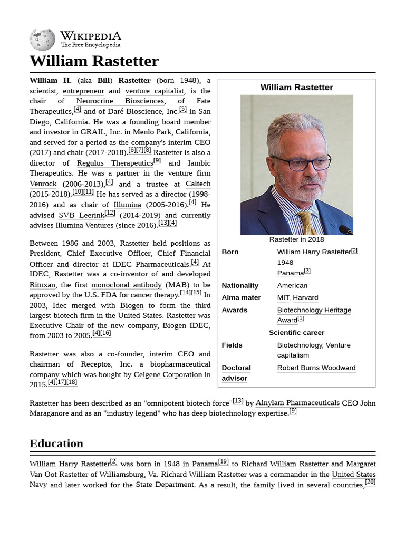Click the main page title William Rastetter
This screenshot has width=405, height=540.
pyautogui.click(x=94, y=61)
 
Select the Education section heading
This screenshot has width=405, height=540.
pyautogui.click(x=56, y=443)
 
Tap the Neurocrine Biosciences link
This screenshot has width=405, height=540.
pyautogui.click(x=120, y=101)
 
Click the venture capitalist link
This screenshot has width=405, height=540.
pyautogui.click(x=155, y=91)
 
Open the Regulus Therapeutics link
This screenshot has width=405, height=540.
pyautogui.click(x=114, y=163)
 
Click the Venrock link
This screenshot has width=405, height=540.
pyautogui.click(x=43, y=184)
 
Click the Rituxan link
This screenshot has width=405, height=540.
pyautogui.click(x=42, y=285)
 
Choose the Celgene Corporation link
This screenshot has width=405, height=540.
pyautogui.click(x=168, y=375)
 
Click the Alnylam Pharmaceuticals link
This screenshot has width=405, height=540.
pyautogui.click(x=297, y=403)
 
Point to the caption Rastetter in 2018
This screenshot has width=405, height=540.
pyautogui.click(x=296, y=239)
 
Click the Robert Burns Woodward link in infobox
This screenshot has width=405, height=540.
pyautogui.click(x=316, y=368)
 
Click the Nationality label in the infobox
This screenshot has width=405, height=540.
pyautogui.click(x=240, y=285)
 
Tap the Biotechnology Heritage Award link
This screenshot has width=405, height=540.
pyautogui.click(x=314, y=310)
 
